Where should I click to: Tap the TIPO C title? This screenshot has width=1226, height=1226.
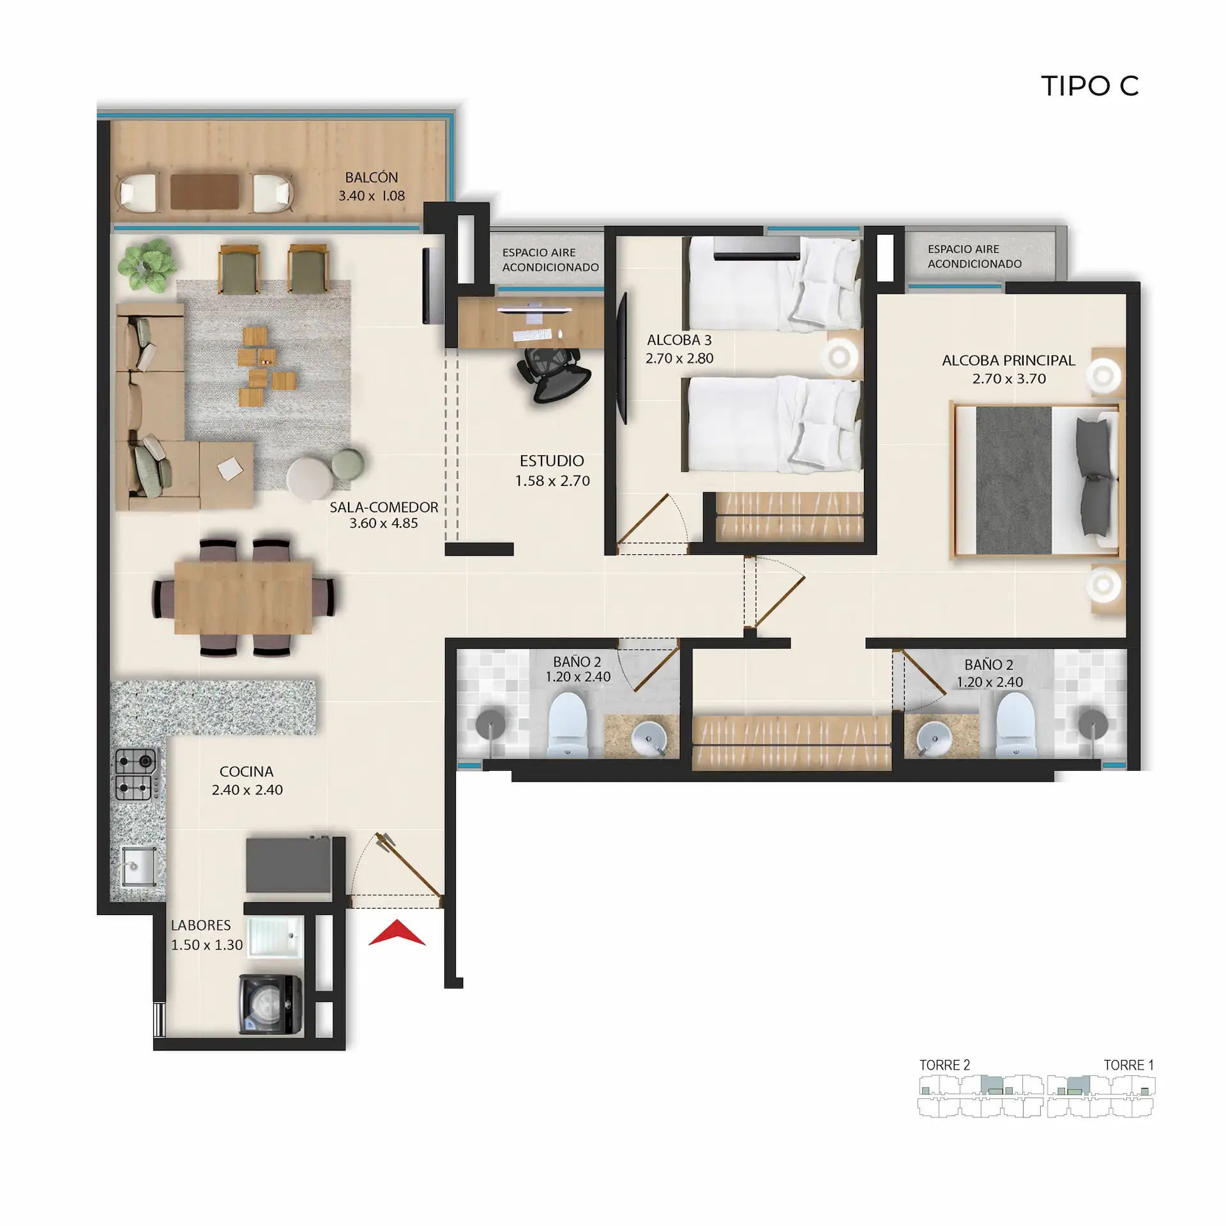(x=1090, y=86)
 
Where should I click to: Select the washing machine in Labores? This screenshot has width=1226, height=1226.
(x=271, y=1004)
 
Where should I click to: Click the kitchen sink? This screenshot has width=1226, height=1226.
(x=139, y=867)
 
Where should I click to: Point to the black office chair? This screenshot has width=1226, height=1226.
(x=554, y=375)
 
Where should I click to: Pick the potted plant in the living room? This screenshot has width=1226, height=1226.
(x=148, y=265)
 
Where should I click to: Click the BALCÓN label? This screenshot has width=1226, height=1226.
(x=372, y=178)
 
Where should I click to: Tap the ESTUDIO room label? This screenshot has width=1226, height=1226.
(x=552, y=461)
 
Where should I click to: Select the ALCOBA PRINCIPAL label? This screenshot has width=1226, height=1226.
(x=1009, y=360)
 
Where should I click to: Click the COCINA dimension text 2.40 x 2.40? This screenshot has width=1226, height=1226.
(x=247, y=790)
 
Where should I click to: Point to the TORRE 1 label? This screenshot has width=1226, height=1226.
(x=1128, y=1065)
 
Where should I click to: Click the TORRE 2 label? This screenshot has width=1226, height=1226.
(x=944, y=1065)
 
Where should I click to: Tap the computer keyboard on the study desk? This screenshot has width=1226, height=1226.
(x=532, y=335)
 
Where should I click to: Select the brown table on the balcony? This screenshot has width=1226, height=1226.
(x=204, y=192)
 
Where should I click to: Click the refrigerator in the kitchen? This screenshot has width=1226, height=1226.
(x=289, y=865)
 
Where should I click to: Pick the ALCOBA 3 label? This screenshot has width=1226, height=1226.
(x=679, y=340)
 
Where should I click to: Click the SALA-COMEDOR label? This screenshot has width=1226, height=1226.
(x=384, y=508)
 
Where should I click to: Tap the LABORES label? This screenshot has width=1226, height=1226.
(x=201, y=925)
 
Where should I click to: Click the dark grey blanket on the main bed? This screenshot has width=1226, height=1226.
(x=1013, y=480)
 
